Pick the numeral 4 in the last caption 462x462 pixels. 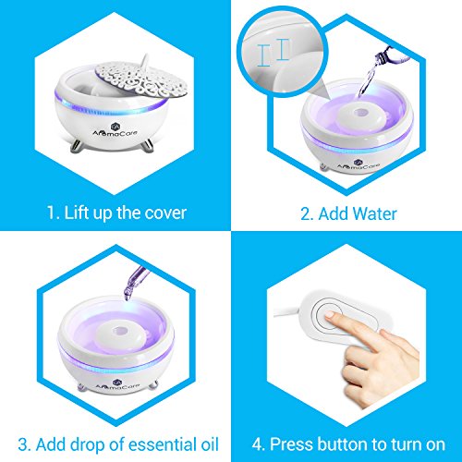257,444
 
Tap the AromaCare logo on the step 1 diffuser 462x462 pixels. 115,130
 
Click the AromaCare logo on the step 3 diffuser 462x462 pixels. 117,384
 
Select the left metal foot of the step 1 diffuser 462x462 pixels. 76,146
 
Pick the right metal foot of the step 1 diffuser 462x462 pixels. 148,144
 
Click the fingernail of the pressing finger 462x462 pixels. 330,315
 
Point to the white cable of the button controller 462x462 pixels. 286,312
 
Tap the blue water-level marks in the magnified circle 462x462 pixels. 274,53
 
